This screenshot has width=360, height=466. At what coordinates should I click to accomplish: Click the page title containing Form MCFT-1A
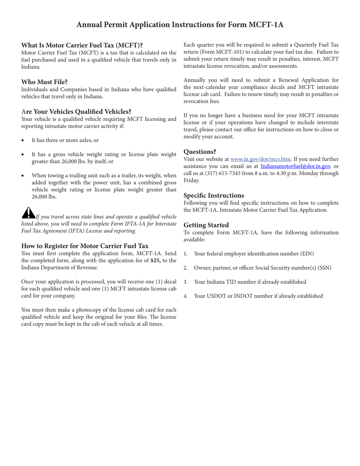tap(180, 25)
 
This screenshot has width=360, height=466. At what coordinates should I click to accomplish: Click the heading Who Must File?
tap(44, 82)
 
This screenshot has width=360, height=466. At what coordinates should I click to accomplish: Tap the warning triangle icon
tap(28, 213)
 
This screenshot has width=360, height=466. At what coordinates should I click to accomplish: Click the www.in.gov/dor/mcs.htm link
tap(260, 159)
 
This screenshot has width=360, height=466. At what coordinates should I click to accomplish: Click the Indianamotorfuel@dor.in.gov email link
tap(295, 166)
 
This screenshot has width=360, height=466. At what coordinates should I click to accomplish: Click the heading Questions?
tap(200, 152)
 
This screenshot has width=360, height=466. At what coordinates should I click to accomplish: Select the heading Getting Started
tap(206, 225)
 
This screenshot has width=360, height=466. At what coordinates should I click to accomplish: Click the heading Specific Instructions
tap(214, 195)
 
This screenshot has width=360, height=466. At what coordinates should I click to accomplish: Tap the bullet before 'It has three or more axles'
tap(23, 141)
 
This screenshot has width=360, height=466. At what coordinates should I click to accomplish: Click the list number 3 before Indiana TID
tap(186, 282)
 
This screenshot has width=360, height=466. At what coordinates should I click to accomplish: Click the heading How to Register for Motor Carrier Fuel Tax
tap(85, 246)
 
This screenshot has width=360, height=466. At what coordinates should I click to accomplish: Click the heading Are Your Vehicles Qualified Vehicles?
tap(76, 112)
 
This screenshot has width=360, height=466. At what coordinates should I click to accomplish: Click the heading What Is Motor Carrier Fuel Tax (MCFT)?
tap(82, 45)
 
